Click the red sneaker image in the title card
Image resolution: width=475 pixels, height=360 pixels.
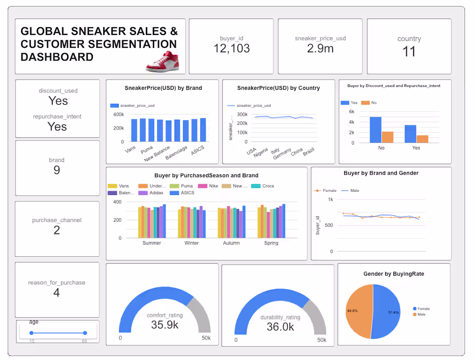162,62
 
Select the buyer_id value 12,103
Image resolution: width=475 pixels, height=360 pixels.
231,48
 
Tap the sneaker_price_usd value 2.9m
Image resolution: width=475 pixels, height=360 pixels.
320,48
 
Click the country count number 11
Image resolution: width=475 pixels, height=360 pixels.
408,52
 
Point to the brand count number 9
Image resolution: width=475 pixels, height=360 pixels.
57,170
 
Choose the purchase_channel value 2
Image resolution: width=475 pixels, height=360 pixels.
57,230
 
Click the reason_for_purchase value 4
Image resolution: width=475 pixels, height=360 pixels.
57,293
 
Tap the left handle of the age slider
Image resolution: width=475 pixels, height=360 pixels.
32,333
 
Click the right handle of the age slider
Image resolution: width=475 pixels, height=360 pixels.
85,333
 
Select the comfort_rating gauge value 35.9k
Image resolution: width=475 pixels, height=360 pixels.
164,325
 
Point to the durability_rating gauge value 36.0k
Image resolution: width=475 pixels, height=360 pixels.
280,327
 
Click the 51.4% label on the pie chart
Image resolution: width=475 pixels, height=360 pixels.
393,312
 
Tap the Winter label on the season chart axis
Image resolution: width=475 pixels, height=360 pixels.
191,243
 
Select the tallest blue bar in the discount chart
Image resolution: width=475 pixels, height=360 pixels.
375,130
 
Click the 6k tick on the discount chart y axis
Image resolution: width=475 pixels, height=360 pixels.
351,112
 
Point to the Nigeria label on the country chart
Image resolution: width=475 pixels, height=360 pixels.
260,153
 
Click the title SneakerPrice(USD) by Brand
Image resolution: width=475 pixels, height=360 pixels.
163,88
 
